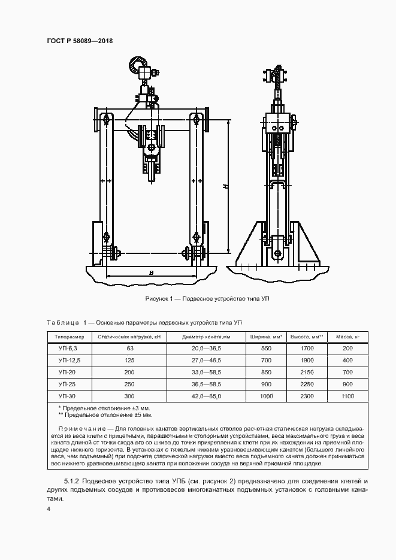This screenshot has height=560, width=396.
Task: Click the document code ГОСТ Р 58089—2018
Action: pos(80,41)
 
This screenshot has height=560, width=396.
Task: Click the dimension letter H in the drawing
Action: pos(223,187)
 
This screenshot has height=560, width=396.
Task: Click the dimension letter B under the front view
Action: pos(152,273)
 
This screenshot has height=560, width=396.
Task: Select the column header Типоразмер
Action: pos(70,336)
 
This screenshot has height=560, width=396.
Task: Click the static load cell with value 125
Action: pos(129,360)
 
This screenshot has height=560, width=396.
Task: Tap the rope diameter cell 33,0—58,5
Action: pos(206,372)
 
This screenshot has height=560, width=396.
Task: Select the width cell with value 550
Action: pos(266,348)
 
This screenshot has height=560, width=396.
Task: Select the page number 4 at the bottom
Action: pos(48,508)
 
